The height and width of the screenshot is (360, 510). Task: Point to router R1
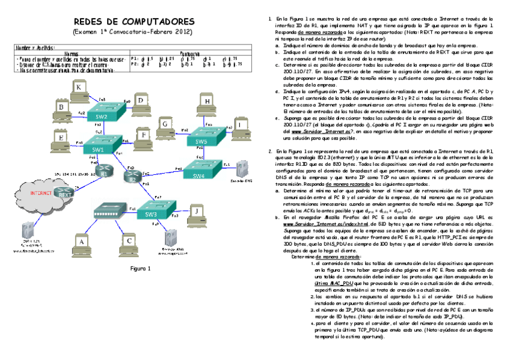click(106, 172)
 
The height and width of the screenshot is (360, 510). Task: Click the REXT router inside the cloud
click(63, 192)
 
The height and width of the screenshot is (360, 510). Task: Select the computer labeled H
click(207, 103)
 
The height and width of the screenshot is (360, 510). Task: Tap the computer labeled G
click(163, 125)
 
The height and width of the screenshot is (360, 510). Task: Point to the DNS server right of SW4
click(242, 169)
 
